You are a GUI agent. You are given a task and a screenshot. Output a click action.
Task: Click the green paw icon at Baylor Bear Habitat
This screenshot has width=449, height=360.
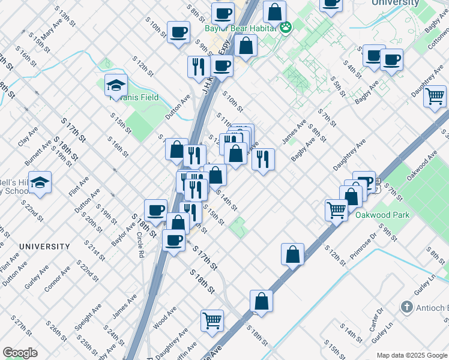point(286,26)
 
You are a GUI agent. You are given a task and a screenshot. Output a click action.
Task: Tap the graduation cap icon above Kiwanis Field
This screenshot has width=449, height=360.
point(116,86)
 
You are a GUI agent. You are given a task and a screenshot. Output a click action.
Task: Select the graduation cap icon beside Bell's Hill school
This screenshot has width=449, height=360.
point(40,183)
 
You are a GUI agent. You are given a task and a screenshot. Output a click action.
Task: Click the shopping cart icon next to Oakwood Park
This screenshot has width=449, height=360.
point(337,209)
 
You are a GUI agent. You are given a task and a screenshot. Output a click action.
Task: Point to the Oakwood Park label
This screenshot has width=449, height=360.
point(382,215)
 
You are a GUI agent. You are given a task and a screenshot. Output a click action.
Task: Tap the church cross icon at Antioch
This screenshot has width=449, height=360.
point(406,308)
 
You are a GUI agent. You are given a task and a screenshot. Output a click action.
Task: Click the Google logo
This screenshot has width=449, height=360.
point(20,353)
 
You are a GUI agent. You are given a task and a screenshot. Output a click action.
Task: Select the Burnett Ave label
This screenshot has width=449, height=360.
point(38,154)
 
